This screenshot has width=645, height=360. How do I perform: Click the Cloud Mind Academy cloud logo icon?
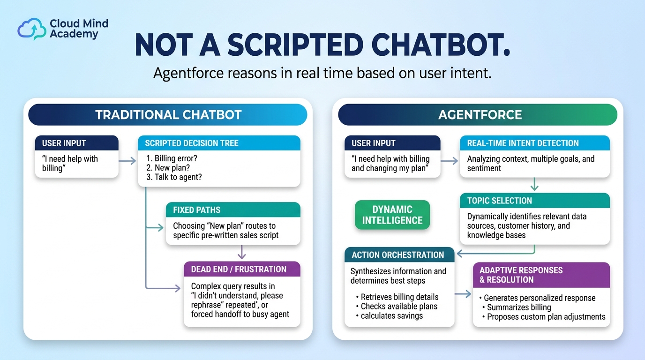[32, 29]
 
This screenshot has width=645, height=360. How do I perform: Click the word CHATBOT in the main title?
[441, 45]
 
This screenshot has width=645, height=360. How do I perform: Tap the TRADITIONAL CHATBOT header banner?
[168, 115]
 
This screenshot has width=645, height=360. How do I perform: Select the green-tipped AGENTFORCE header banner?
[478, 115]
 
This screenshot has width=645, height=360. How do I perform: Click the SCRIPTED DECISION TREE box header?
[219, 143]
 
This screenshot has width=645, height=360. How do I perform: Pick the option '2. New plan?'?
[168, 168]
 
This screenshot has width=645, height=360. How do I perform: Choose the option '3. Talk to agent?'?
[174, 177]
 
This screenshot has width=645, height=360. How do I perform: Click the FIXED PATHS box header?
[233, 210]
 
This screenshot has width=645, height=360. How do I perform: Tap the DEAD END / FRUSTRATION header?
[242, 269]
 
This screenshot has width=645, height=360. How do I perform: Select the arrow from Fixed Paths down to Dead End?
[241, 252]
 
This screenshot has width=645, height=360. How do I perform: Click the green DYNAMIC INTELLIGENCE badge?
[392, 215]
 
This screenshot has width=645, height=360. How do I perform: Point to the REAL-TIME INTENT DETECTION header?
[535, 143]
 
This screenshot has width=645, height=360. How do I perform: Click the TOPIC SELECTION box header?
[535, 201]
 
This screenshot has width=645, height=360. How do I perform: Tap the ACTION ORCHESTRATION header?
[399, 255]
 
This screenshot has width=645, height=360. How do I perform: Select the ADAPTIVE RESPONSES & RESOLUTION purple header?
[541, 275]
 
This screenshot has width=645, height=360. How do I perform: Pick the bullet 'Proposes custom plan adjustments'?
[544, 317]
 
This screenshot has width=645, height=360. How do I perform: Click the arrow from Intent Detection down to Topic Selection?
[534, 184]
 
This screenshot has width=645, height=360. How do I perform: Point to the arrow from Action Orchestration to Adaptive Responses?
[463, 294]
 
